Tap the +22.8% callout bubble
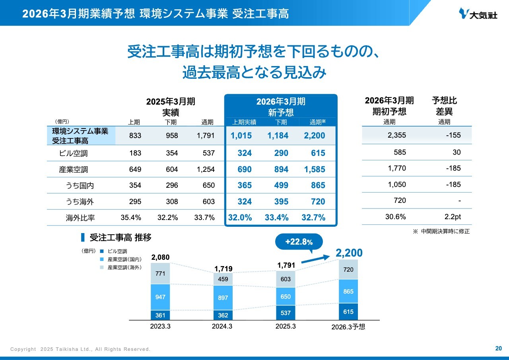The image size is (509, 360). click(299, 242)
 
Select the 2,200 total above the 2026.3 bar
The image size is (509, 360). click(349, 253)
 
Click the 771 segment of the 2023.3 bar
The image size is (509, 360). click(160, 274)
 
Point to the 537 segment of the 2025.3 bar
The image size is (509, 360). click(286, 313)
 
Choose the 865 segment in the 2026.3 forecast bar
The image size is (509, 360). click(348, 291)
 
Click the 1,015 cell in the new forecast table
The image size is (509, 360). click(241, 136)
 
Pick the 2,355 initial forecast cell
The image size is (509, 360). click(396, 135)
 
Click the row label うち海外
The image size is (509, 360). click(80, 202)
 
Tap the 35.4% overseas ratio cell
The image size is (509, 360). click(131, 218)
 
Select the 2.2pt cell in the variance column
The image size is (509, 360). click(453, 217)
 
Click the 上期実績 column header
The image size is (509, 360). click(244, 122)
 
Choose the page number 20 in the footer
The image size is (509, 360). click(498, 348)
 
